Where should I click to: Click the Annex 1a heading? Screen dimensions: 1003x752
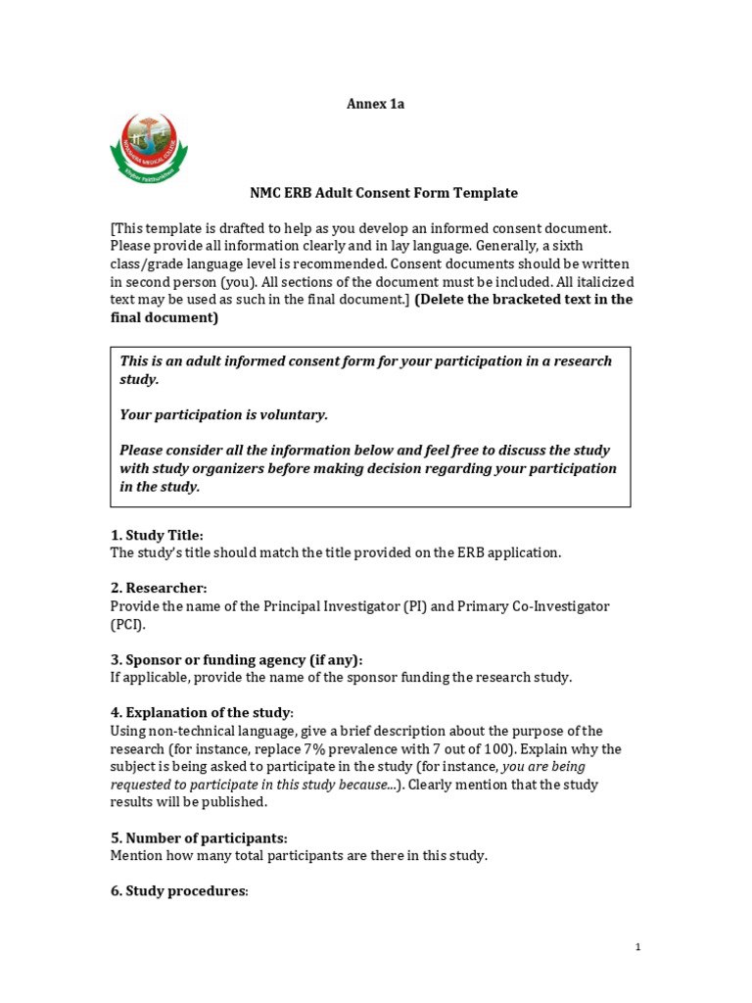(375, 104)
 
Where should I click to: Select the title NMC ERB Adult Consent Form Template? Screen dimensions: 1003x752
(384, 193)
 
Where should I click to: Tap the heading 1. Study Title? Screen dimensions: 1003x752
(157, 535)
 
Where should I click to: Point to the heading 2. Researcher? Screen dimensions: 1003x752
(159, 588)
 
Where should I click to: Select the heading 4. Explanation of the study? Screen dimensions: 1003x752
(201, 712)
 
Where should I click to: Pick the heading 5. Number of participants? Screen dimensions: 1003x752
(199, 837)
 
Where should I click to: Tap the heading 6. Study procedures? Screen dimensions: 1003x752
(179, 891)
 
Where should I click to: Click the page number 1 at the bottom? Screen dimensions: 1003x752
(637, 947)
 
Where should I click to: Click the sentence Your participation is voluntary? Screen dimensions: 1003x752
(223, 414)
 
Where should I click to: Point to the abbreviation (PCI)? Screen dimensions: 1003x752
(126, 624)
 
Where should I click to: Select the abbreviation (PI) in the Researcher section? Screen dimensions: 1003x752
(414, 606)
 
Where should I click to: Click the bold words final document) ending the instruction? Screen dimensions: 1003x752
(164, 317)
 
